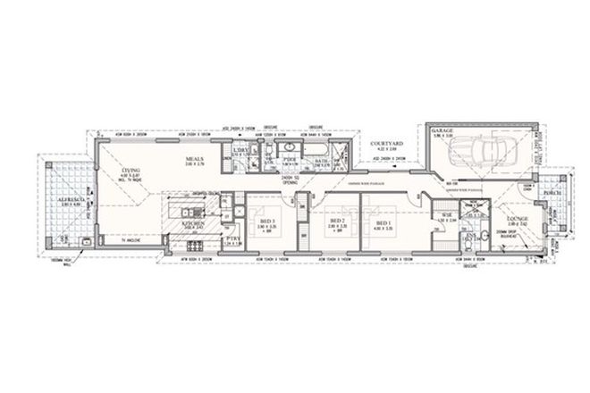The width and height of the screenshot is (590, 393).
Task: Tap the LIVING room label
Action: (x=131, y=171)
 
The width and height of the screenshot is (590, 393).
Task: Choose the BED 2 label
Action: (x=337, y=221)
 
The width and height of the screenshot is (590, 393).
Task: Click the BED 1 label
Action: (x=383, y=222)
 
